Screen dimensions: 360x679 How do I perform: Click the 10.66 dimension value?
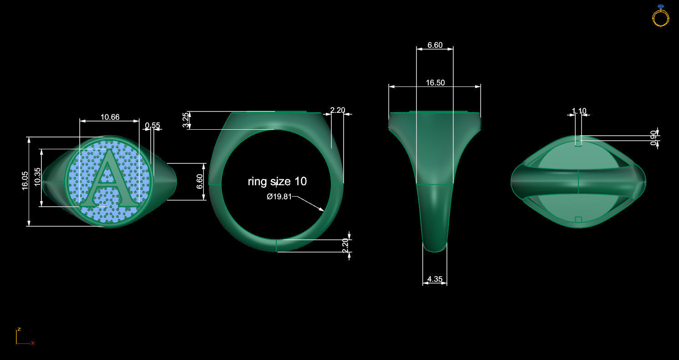pyautogui.click(x=110, y=117)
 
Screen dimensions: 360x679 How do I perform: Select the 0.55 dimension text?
pyautogui.click(x=152, y=125)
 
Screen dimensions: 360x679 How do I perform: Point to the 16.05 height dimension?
pyautogui.click(x=25, y=180)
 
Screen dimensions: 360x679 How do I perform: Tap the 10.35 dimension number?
pyautogui.click(x=37, y=177)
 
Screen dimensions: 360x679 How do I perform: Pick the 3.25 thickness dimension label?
pyautogui.click(x=185, y=120)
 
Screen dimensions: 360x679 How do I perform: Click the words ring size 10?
pyautogui.click(x=277, y=181)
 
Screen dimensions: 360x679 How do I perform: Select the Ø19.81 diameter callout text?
pyautogui.click(x=279, y=197)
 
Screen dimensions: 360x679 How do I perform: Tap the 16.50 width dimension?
pyautogui.click(x=435, y=83)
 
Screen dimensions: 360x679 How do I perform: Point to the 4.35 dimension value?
pyautogui.click(x=435, y=279)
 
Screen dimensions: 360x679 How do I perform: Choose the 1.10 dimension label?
pyautogui.click(x=579, y=111)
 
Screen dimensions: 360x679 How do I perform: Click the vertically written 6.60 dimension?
pyautogui.click(x=199, y=181)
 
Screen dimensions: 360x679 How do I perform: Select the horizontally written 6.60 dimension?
pyautogui.click(x=435, y=45)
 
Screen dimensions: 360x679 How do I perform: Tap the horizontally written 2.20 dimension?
pyautogui.click(x=338, y=110)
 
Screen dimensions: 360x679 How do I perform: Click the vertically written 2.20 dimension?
pyautogui.click(x=345, y=245)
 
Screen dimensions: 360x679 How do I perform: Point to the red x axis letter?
pyautogui.click(x=33, y=343)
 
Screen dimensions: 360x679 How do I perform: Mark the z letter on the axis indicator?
pyautogui.click(x=19, y=329)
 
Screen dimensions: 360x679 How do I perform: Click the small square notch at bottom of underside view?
pyautogui.click(x=578, y=219)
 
